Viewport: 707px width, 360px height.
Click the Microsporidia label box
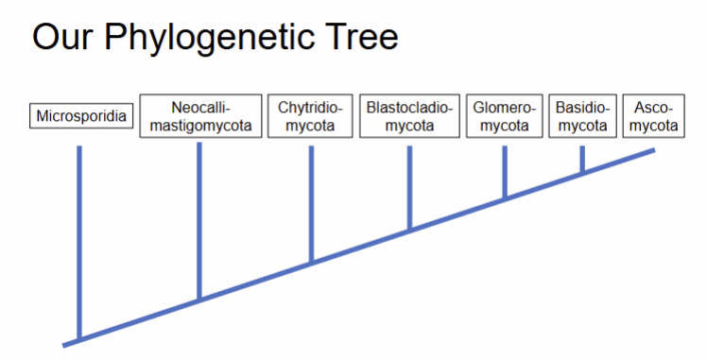click(x=80, y=116)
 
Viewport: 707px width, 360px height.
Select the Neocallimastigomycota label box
click(x=200, y=116)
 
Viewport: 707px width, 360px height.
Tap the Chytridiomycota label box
click(x=310, y=116)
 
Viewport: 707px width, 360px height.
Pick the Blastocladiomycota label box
click(x=409, y=116)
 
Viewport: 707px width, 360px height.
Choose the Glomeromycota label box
click(x=504, y=116)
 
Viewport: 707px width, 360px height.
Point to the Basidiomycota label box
click(x=582, y=116)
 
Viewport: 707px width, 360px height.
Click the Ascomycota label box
click(x=654, y=116)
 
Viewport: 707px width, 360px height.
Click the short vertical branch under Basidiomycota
click(x=582, y=159)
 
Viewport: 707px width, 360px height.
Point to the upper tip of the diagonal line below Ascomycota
click(x=652, y=150)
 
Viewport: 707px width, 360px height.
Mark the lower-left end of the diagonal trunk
click(x=67, y=343)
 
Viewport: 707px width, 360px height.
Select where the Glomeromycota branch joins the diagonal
click(x=505, y=198)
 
